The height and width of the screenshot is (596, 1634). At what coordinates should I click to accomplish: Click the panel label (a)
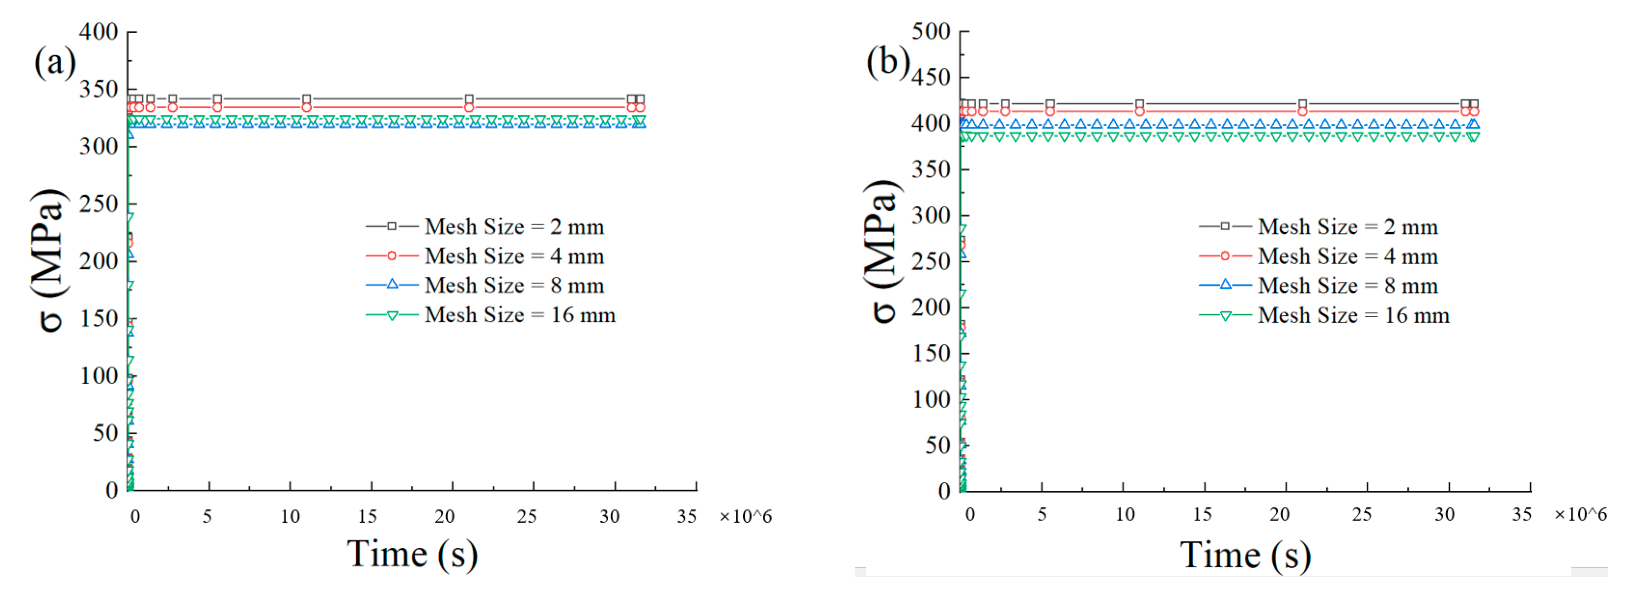click(55, 62)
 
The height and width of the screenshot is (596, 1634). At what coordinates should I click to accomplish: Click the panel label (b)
click(888, 62)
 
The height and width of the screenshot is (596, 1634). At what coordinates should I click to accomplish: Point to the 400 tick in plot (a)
click(98, 32)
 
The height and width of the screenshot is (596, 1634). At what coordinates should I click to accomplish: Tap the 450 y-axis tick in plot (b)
click(931, 77)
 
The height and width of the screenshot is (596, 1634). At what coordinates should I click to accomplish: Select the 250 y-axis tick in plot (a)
click(98, 204)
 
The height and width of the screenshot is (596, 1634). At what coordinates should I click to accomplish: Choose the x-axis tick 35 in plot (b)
click(1522, 514)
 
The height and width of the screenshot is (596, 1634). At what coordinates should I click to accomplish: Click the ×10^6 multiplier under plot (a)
click(745, 517)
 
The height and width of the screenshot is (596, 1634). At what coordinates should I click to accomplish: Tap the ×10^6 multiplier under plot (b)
click(1580, 514)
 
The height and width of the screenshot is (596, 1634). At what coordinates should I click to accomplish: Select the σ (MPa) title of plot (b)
click(882, 250)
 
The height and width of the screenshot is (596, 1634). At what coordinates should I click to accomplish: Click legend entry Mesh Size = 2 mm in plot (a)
click(514, 226)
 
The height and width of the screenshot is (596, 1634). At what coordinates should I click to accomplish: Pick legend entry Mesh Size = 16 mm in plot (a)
click(520, 315)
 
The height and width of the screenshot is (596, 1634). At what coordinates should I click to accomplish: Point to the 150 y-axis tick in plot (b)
click(931, 353)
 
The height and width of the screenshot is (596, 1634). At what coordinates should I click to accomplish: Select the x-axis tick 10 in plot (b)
click(1124, 514)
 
